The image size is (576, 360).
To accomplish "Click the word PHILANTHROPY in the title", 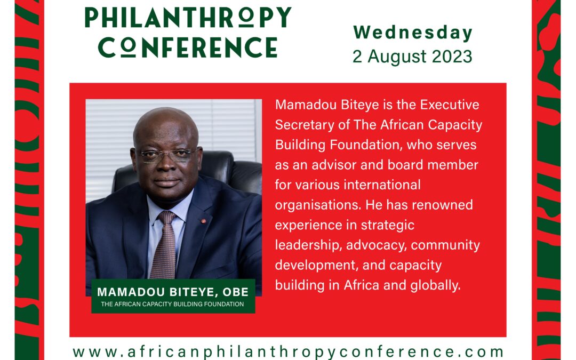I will (x=188, y=18).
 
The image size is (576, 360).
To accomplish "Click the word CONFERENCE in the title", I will (x=188, y=48).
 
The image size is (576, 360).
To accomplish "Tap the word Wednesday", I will (x=413, y=33).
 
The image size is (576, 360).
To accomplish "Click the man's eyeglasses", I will (x=166, y=155).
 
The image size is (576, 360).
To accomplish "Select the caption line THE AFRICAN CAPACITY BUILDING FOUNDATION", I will (x=173, y=305).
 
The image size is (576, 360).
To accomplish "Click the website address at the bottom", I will (x=288, y=352).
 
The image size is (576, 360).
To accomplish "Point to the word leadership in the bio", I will (x=307, y=245).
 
